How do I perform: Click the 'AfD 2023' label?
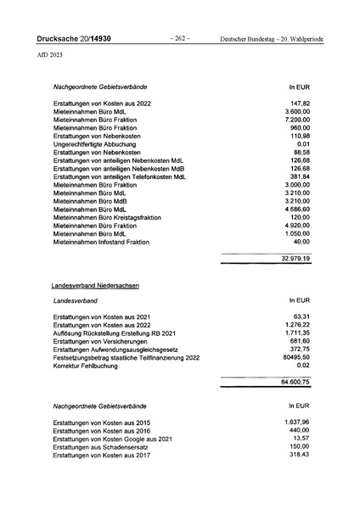tap(49, 56)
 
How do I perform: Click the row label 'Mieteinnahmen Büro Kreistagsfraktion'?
tap(116, 217)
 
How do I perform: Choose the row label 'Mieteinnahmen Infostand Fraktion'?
tap(108, 241)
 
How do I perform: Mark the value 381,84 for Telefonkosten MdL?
tap(300, 176)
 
